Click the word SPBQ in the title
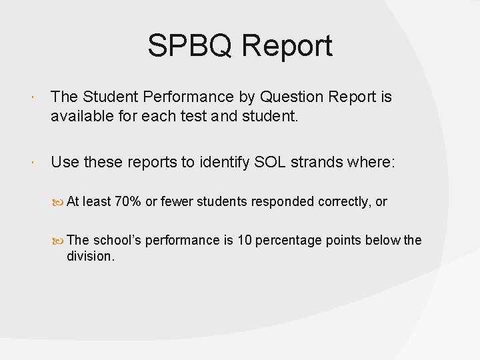(190, 47)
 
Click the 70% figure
(128, 202)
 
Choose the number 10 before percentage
(245, 240)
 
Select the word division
(91, 256)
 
